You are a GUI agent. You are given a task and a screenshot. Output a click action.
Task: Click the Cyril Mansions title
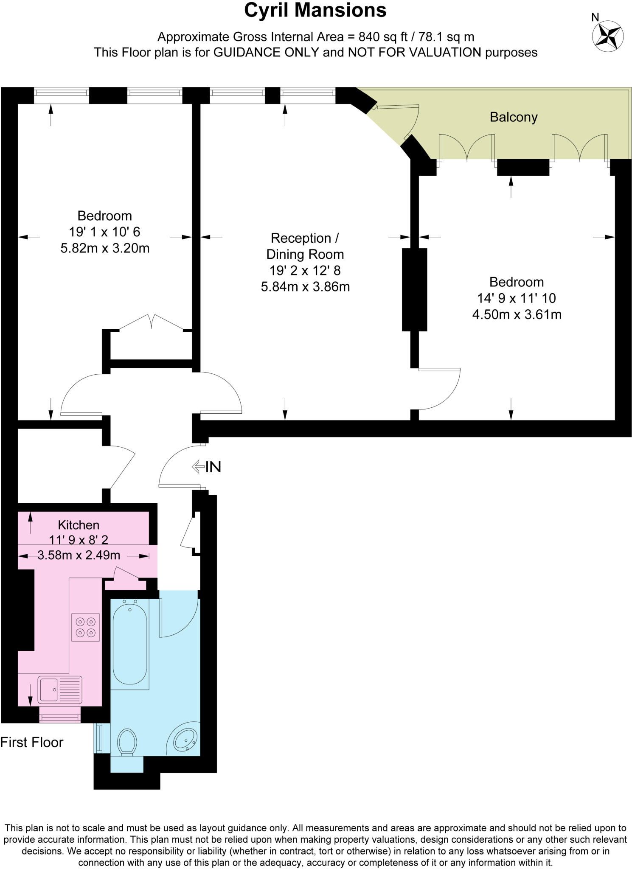tap(315, 11)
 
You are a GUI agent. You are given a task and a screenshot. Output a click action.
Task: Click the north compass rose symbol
tap(608, 36)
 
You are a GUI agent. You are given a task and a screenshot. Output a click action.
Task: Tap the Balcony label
tap(513, 117)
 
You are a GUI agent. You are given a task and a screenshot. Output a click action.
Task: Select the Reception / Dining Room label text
tap(305, 246)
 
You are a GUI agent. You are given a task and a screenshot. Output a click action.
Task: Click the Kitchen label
tap(79, 525)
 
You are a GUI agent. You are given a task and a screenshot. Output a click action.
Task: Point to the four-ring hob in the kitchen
tap(85, 627)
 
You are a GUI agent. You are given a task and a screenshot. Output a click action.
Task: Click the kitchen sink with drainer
tap(60, 690)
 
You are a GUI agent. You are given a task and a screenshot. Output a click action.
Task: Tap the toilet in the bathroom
tap(126, 742)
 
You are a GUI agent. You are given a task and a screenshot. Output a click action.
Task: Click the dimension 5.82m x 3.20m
tap(105, 248)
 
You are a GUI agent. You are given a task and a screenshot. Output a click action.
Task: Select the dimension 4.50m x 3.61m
tap(517, 314)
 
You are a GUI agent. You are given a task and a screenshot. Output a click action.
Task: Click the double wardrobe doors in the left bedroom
tap(152, 322)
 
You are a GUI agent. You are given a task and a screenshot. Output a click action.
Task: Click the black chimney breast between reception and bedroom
tap(414, 289)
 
